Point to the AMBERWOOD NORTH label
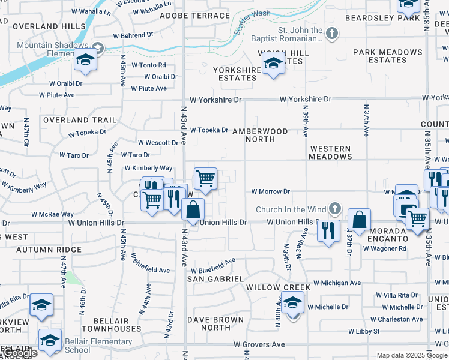(x=260, y=135)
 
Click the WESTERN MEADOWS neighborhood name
(x=330, y=152)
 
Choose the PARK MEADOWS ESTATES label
(x=387, y=56)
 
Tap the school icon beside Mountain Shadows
(x=86, y=61)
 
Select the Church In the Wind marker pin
(x=335, y=209)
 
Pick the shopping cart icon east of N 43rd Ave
(x=205, y=178)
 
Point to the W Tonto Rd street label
(x=148, y=65)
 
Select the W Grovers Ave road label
(x=259, y=344)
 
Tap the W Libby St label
(x=364, y=331)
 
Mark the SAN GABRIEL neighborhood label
(x=215, y=279)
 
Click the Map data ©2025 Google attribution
(x=412, y=355)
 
